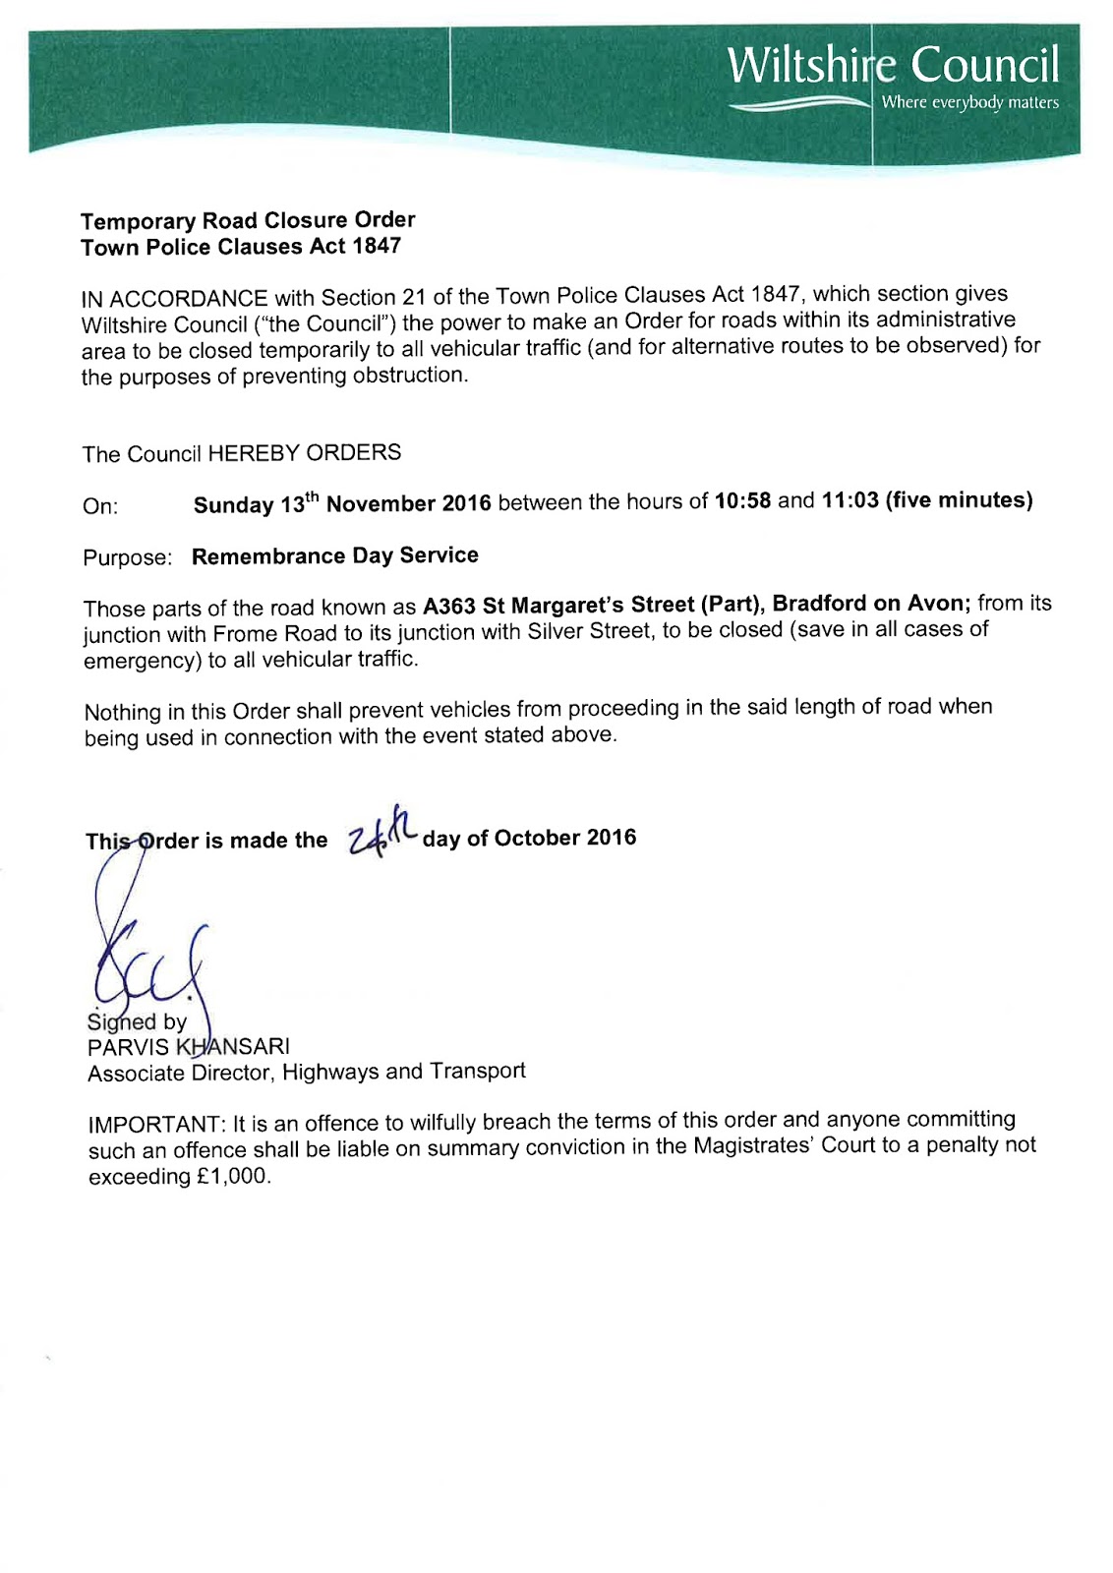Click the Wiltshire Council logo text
coord(893,65)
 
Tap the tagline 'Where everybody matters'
coord(969,102)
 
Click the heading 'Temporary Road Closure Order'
coord(248,220)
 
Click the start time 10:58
coord(743,500)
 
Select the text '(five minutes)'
coord(959,500)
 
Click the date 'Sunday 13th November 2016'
coord(342,504)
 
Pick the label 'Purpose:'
coord(128,558)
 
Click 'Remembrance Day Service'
coord(335,556)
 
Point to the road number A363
coord(449,606)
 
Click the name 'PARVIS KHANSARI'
coord(189,1047)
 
